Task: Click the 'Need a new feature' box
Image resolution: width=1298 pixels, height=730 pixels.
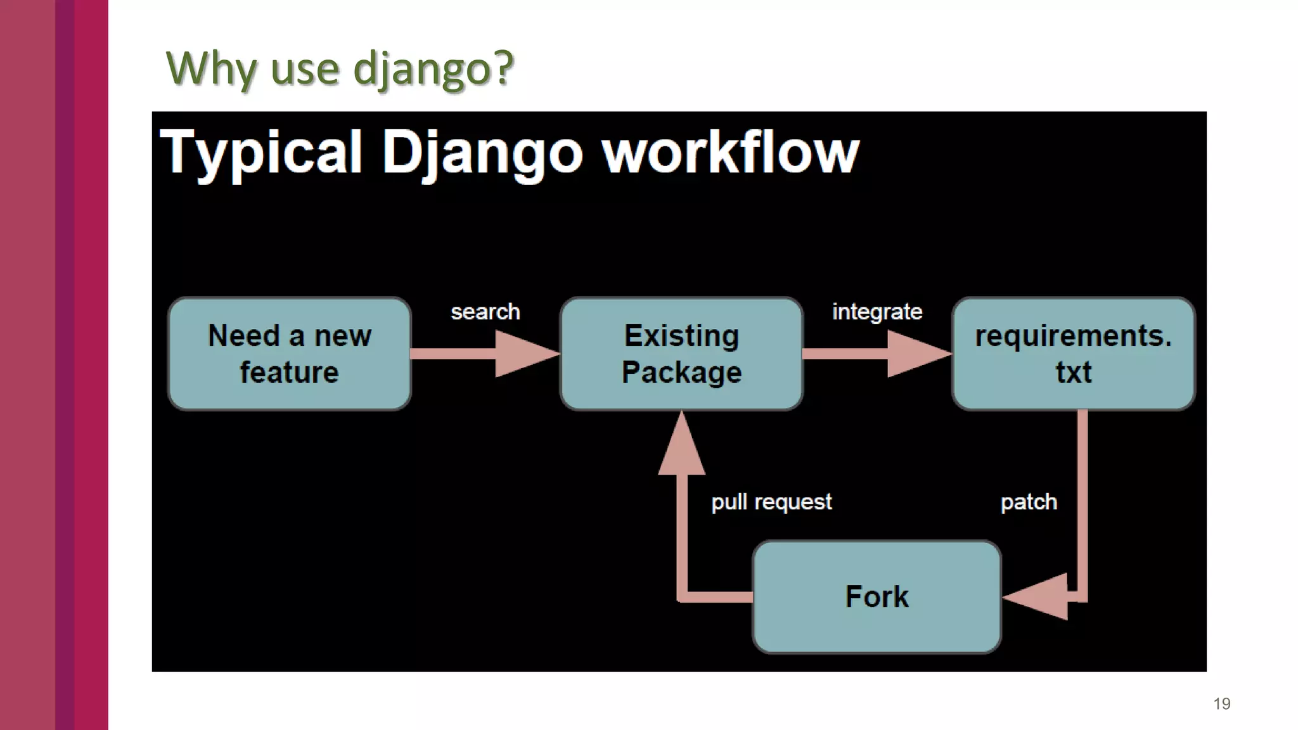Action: click(x=289, y=354)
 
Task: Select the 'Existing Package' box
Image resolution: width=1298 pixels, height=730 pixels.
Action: click(x=681, y=354)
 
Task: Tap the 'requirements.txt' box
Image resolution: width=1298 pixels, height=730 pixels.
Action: click(x=1073, y=354)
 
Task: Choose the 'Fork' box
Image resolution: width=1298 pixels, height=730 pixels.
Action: click(x=877, y=596)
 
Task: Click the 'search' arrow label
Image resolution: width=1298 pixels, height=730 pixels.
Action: click(x=485, y=312)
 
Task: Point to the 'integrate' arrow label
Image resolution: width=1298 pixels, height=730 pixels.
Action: click(x=877, y=312)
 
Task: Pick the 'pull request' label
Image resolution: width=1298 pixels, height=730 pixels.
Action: click(x=771, y=502)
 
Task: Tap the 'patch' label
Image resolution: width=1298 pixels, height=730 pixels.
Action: click(x=1028, y=502)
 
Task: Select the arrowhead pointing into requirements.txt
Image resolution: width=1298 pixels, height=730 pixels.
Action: click(x=916, y=354)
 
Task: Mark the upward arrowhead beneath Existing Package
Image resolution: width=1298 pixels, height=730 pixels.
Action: click(x=681, y=447)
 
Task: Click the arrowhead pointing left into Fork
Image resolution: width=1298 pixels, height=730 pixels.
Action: click(x=1039, y=596)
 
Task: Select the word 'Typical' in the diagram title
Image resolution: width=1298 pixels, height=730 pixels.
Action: click(x=260, y=153)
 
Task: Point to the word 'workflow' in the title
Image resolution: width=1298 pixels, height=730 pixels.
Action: click(x=730, y=153)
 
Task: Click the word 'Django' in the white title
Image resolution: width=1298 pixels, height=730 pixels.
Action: click(x=482, y=153)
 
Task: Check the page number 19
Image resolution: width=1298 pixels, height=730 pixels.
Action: click(x=1221, y=703)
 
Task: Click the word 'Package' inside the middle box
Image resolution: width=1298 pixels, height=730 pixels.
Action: click(x=681, y=372)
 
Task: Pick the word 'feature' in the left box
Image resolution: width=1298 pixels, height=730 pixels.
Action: click(x=289, y=372)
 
